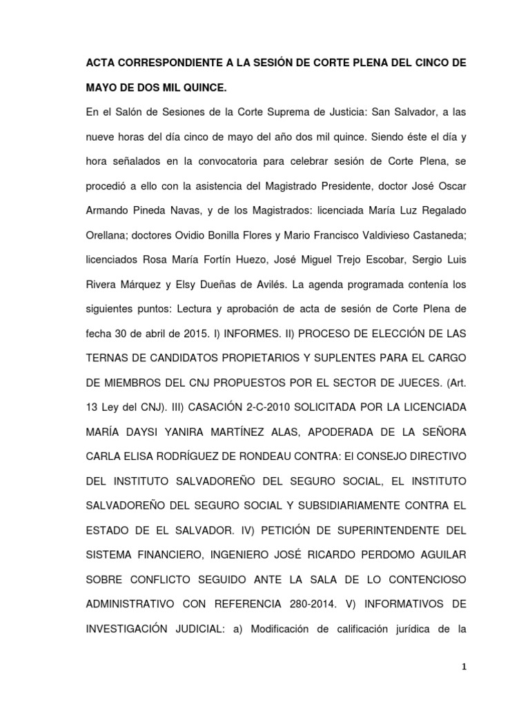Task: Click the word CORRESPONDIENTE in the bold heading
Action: (164, 63)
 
